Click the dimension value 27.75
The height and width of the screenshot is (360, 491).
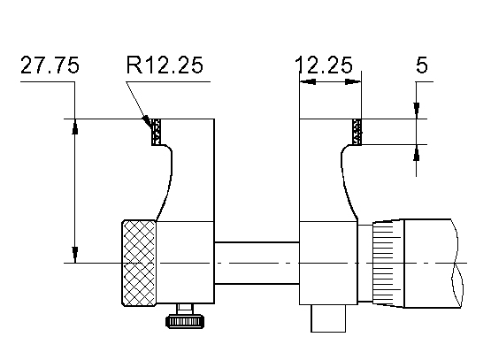50,66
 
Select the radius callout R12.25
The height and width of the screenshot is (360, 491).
165,66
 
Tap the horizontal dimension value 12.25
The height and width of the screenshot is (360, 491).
324,66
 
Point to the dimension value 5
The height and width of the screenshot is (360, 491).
422,66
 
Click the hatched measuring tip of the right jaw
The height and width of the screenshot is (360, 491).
357,132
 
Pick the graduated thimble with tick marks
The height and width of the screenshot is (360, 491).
387,263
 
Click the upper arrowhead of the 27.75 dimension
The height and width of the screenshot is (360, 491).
75,126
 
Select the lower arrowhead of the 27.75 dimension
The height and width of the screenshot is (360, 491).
75,256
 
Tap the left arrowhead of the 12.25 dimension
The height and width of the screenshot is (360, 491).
307,83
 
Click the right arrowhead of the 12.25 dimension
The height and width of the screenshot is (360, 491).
356,83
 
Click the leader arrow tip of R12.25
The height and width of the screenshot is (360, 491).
150,121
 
